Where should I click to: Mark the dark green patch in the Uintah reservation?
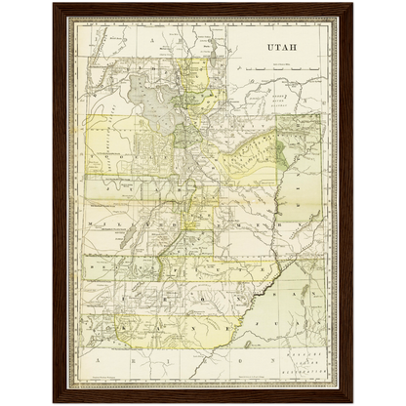[x=281, y=151]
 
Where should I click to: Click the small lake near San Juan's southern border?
[x=246, y=342]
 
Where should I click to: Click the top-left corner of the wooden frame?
[x=54, y=5]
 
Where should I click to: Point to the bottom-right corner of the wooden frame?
[x=352, y=401]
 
